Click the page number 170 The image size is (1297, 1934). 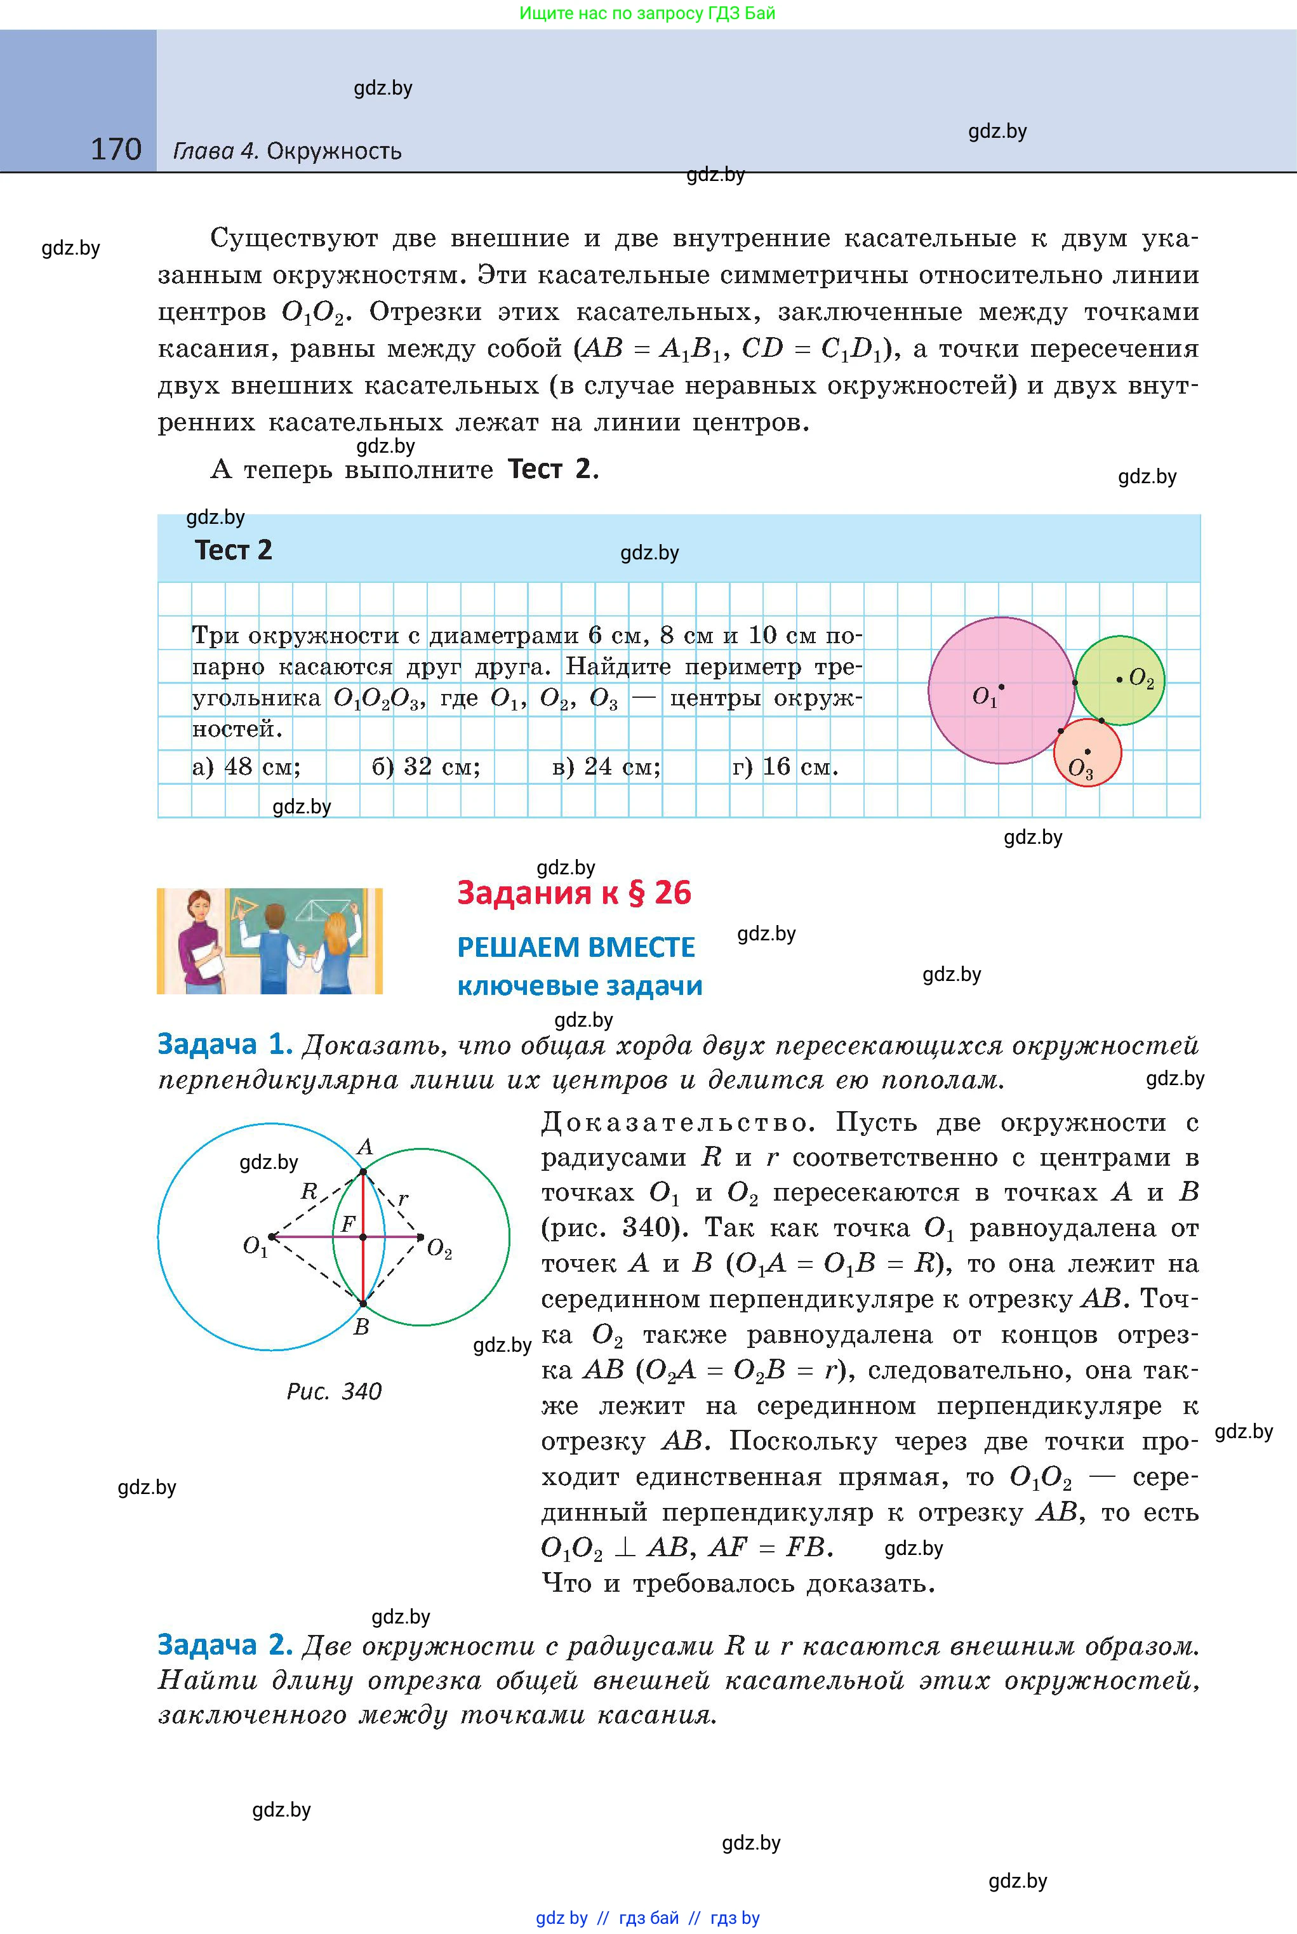[116, 150]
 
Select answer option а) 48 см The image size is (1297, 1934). [246, 767]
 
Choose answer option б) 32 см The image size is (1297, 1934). [425, 767]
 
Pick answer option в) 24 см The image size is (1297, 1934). [606, 767]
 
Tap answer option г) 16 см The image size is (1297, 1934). [784, 767]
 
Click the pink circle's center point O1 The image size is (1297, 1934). [1001, 686]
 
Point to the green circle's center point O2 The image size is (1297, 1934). [1119, 679]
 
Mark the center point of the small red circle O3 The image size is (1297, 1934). [1087, 751]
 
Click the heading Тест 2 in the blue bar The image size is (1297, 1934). [233, 550]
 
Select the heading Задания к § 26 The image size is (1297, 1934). [573, 893]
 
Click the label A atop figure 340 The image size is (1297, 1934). [365, 1147]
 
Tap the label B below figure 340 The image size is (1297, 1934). [361, 1328]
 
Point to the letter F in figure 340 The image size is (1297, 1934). [349, 1224]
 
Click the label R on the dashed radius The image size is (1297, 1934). [309, 1191]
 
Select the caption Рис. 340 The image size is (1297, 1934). [334, 1391]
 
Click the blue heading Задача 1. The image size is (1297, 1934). [225, 1044]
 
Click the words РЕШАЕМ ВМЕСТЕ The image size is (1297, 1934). [576, 947]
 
